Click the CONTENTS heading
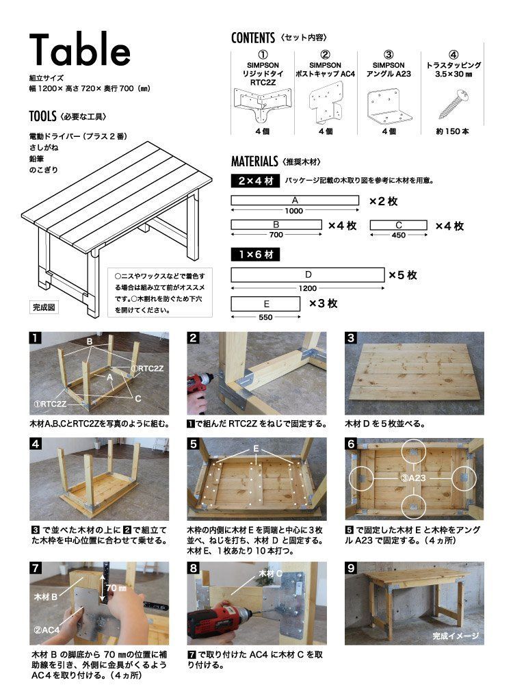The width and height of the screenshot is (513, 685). pos(253,38)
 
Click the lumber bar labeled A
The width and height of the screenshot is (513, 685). pos(295,200)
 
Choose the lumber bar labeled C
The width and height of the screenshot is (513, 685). pos(398,225)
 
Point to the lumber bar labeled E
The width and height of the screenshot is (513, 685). pos(266,303)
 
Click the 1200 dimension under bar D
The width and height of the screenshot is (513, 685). pos(308,288)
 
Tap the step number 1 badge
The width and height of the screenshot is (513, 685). pos(35,338)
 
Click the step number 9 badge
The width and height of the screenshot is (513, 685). pos(351,567)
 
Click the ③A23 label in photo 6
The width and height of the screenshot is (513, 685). pos(415,474)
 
